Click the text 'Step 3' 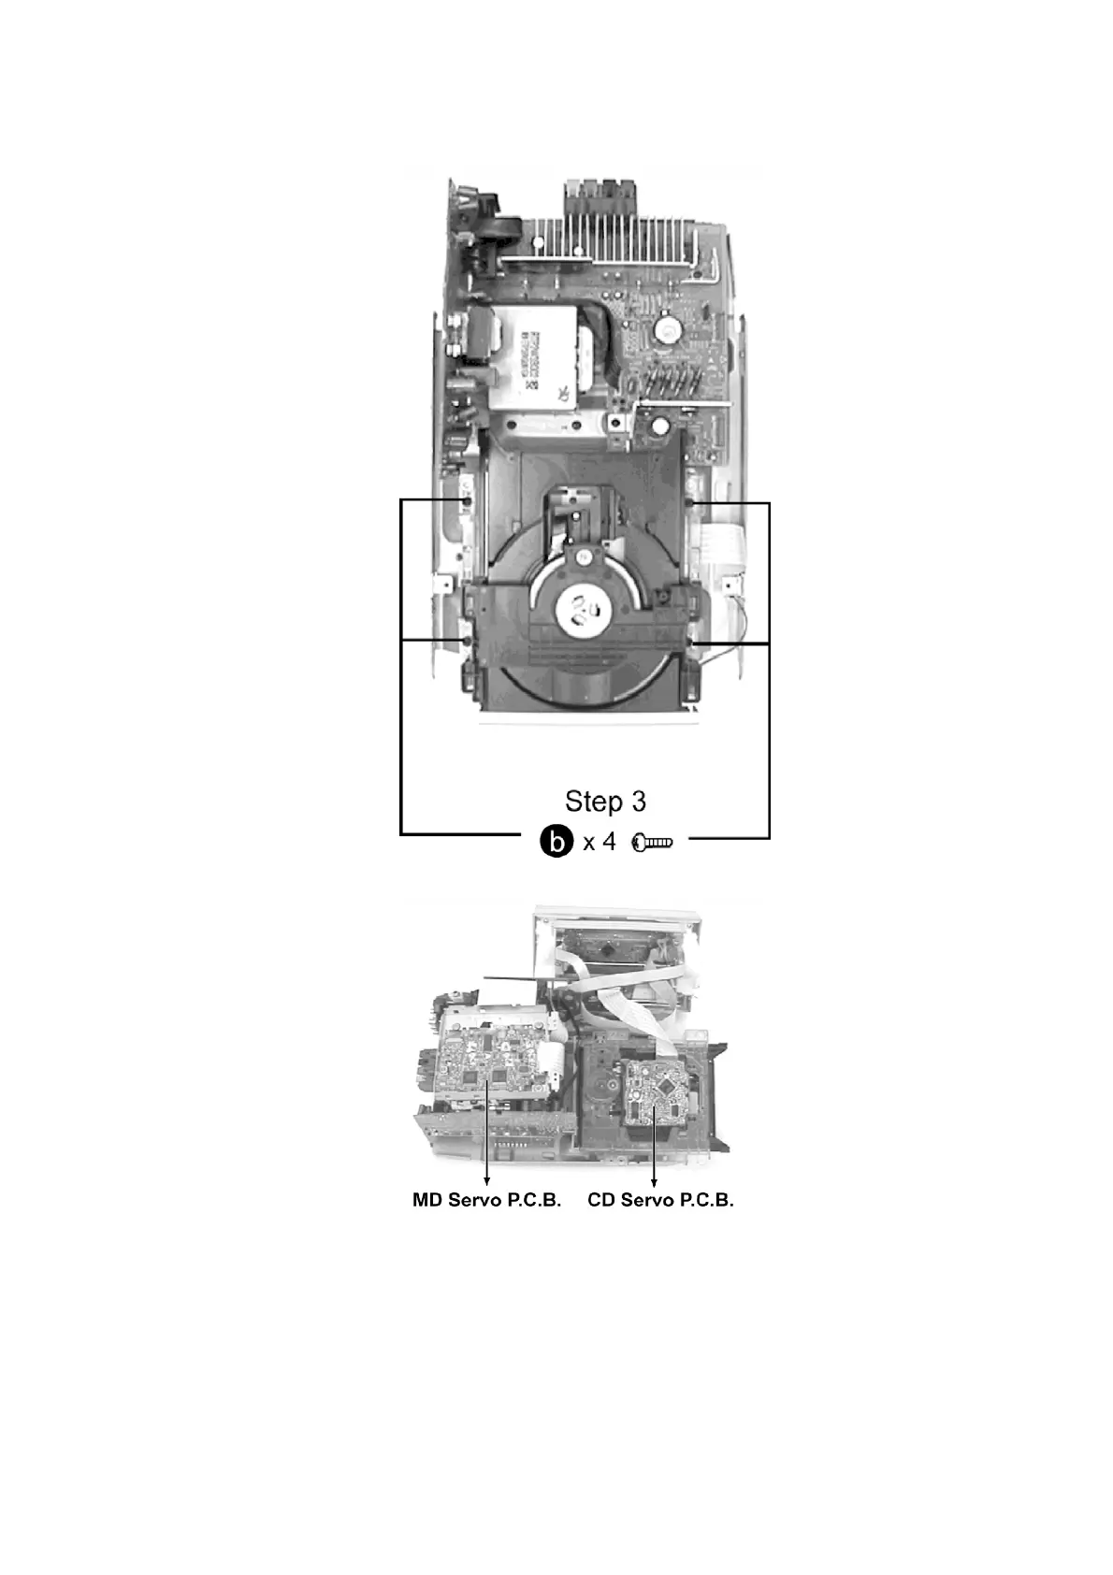[604, 802]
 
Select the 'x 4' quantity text [599, 842]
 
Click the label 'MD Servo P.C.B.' [486, 1201]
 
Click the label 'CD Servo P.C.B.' [660, 1201]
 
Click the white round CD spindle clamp [584, 610]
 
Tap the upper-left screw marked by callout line [465, 502]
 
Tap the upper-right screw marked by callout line [689, 503]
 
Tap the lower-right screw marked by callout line [690, 643]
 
